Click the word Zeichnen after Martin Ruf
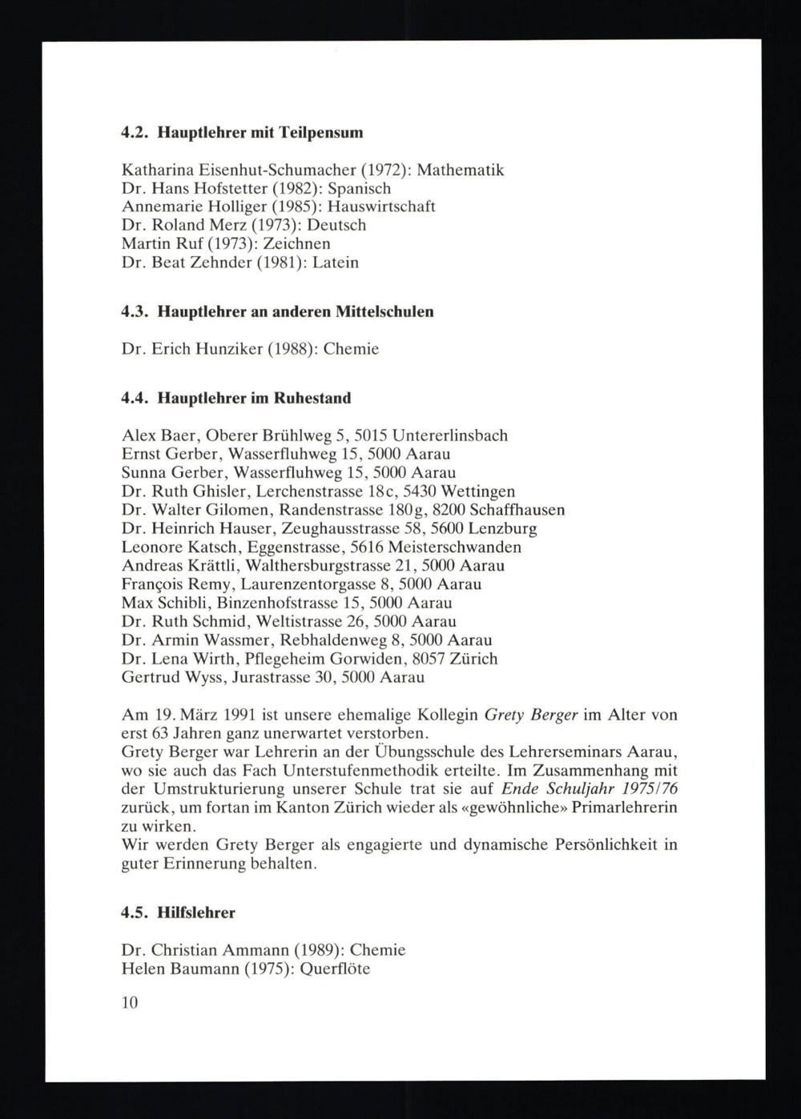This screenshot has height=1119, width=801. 296,243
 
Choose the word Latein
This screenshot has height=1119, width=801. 336,262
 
